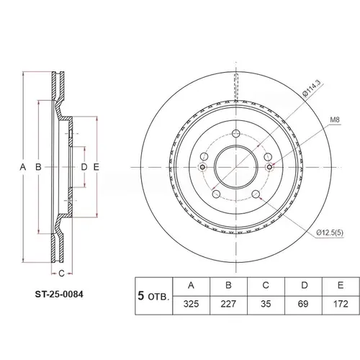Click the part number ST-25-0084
59,294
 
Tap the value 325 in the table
191,304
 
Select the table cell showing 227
228,304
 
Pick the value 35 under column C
266,304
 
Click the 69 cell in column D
303,304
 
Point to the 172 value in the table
341,304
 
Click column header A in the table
191,285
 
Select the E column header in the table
341,285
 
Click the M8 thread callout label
335,120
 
